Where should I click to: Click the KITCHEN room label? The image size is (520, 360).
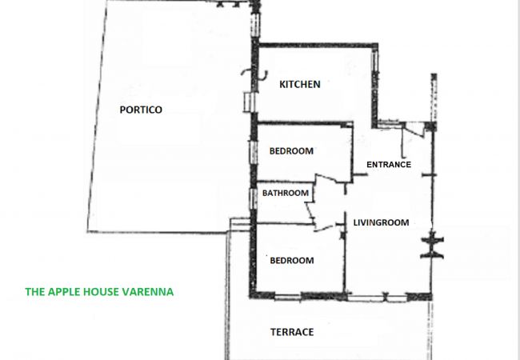(300, 84)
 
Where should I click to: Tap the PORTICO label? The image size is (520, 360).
(141, 110)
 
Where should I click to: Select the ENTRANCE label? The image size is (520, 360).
(389, 165)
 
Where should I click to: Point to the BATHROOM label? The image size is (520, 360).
(286, 193)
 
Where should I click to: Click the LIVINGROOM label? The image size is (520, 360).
(381, 222)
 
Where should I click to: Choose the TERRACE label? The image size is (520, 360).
(292, 332)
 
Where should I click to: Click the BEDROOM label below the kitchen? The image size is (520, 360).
(291, 151)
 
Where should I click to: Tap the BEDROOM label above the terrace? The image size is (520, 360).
(292, 261)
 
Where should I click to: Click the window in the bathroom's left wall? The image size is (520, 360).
(254, 198)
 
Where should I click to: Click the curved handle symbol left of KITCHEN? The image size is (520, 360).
(254, 74)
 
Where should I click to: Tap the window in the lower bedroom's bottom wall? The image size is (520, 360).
(287, 297)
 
